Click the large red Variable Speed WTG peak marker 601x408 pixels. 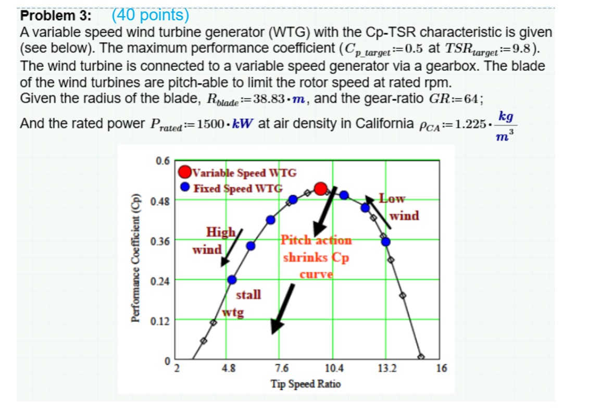(321, 188)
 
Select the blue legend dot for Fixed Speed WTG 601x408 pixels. (185, 188)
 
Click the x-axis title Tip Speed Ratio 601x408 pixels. (306, 384)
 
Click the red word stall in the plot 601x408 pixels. (248, 295)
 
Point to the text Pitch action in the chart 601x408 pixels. (316, 240)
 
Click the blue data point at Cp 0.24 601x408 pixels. (231, 280)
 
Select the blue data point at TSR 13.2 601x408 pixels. (386, 241)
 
